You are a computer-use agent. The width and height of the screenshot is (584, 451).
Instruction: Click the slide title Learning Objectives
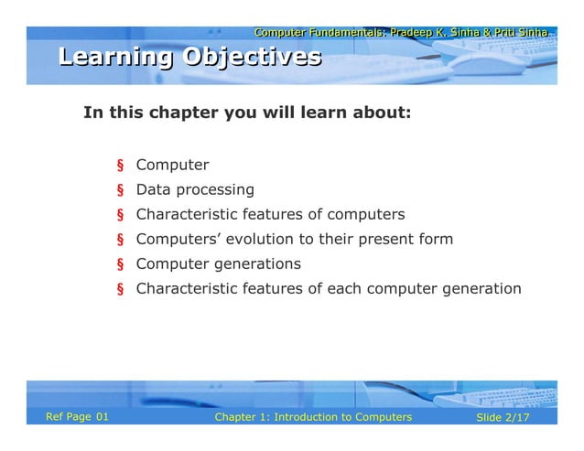point(189,58)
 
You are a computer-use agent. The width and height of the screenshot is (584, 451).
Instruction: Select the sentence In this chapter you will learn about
point(247,114)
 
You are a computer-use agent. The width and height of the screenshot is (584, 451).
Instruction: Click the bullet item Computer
point(172,166)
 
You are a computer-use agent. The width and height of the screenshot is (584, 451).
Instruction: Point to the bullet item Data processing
point(195,190)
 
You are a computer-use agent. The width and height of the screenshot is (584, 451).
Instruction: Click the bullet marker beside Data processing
point(119,191)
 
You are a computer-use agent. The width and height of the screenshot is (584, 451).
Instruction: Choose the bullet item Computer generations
point(218,264)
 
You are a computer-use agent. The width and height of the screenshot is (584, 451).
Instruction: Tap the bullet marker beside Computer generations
point(119,265)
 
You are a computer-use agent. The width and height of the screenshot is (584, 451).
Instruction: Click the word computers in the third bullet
point(367,215)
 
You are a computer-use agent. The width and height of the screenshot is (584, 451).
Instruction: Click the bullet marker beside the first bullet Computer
point(119,166)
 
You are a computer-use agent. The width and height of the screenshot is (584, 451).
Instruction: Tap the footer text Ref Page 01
point(77,417)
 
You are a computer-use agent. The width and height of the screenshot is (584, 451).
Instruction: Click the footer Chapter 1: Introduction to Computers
point(312,417)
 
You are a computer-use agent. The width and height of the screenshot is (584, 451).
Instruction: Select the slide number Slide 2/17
point(503,417)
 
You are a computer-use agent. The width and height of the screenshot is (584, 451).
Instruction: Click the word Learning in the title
point(116,58)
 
